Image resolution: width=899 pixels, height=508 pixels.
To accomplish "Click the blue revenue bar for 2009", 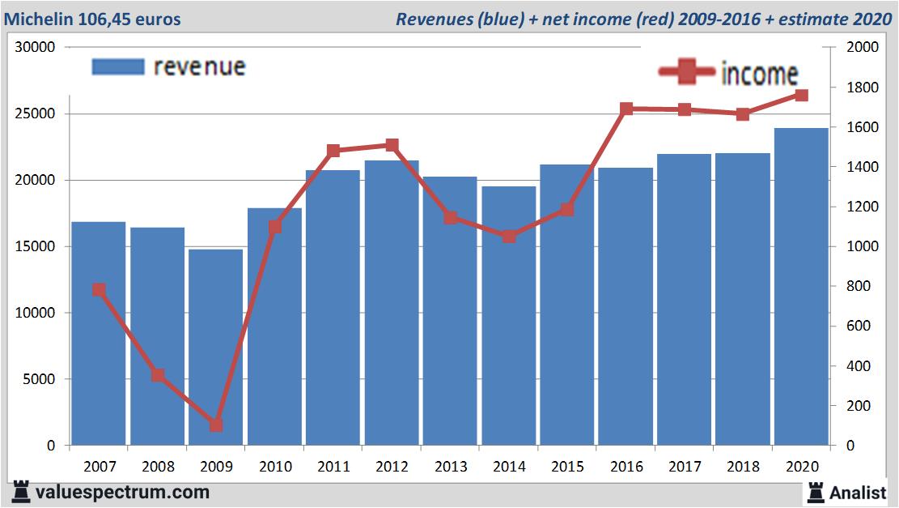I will click(x=216, y=348).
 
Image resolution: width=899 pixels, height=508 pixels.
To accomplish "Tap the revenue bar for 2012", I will click(x=392, y=304).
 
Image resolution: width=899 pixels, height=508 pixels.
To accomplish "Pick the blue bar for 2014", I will click(x=509, y=316).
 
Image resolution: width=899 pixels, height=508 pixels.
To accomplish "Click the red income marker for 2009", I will click(x=216, y=425).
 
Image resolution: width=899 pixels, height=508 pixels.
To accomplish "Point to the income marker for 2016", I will click(x=626, y=109).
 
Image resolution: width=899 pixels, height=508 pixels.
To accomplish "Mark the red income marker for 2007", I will click(x=99, y=290).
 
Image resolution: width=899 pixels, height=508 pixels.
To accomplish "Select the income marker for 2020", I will click(x=801, y=96).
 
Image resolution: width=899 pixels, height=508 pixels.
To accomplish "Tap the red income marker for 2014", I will click(x=509, y=237).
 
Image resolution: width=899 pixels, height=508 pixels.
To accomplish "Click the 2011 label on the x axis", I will click(x=333, y=467).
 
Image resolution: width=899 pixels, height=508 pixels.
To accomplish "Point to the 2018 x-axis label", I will click(x=743, y=467).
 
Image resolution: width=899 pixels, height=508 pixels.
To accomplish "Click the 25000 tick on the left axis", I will click(x=36, y=113).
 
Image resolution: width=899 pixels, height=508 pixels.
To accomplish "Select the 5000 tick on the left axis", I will click(x=39, y=379).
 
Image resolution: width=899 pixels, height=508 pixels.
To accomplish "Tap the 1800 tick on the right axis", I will click(x=861, y=88).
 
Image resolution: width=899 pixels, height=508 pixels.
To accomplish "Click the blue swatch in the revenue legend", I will click(x=118, y=66).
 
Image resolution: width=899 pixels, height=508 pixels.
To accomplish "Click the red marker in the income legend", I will click(x=687, y=72).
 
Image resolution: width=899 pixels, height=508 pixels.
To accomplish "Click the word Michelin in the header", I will click(x=39, y=19).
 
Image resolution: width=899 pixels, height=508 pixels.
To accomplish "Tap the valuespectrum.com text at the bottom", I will click(x=122, y=492).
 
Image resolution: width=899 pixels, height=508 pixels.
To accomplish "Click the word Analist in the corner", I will click(x=859, y=492).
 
